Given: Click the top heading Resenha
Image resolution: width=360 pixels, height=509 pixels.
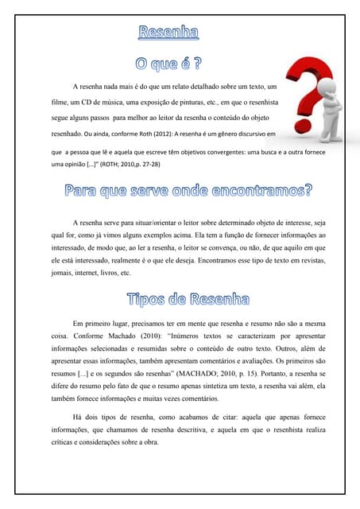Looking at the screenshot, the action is click(168, 33).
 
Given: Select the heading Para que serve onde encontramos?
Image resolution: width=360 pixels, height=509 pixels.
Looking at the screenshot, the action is click(188, 191).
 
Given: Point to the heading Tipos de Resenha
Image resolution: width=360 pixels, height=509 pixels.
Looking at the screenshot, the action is click(188, 300).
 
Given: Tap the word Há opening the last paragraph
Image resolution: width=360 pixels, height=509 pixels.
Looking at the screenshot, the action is click(79, 417).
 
